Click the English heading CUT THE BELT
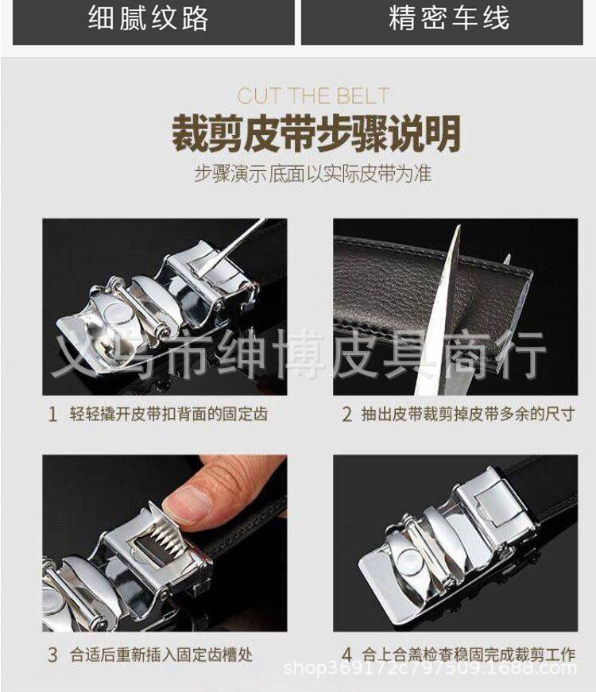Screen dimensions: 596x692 coord(313,96)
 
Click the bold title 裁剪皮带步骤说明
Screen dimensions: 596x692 coord(316,133)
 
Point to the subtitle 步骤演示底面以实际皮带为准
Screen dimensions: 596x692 coord(313,173)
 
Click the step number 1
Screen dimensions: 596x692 coord(52,415)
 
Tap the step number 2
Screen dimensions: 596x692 coord(347,415)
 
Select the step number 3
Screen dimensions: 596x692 coord(52,655)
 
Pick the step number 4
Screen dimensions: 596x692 coord(347,655)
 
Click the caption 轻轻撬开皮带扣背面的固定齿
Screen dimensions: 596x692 coord(168,415)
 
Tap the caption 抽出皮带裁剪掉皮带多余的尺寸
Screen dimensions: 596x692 coord(468,415)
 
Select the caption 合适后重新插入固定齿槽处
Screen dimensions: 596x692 coord(161,655)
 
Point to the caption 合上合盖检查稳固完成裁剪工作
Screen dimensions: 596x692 coord(468,655)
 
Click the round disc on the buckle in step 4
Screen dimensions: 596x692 coord(411,562)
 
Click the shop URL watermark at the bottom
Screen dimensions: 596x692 coord(430,668)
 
